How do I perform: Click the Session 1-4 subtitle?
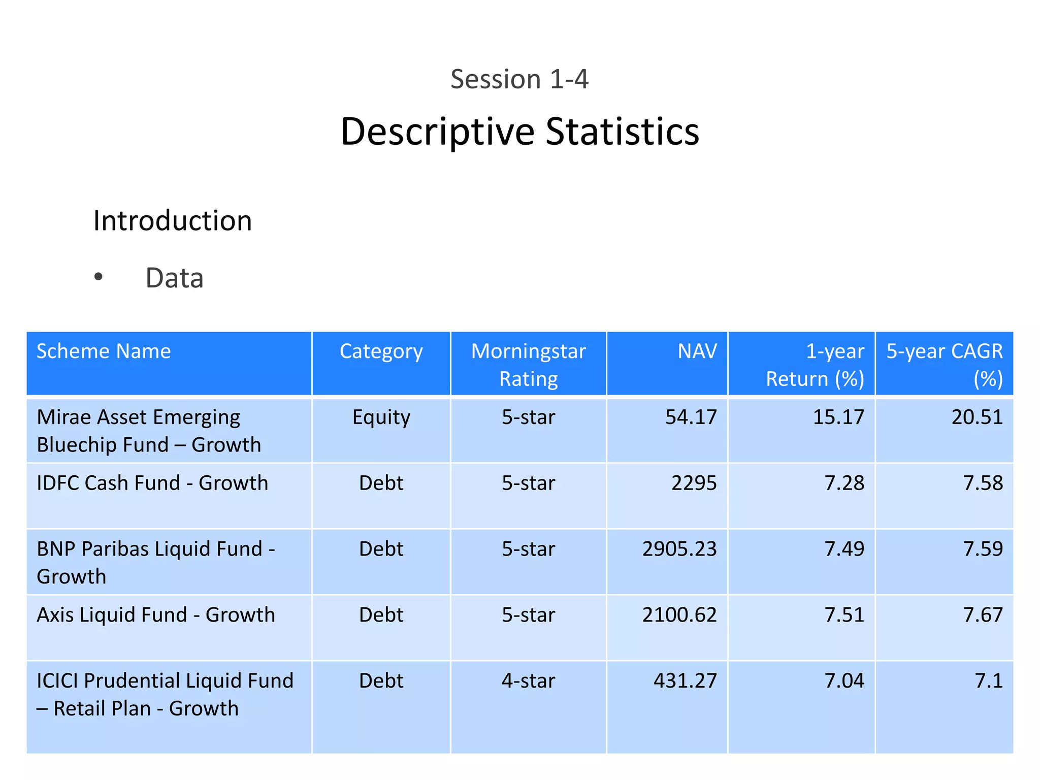coord(519,79)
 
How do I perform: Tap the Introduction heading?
coord(173,221)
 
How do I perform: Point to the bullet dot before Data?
coord(99,277)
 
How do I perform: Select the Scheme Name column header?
coord(104,351)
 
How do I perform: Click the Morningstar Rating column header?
coord(528,365)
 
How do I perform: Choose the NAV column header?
coord(697,351)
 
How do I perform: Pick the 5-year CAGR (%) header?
coord(945,365)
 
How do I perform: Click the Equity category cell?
coord(381,417)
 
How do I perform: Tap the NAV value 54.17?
coord(691,417)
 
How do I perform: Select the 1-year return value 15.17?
coord(838,417)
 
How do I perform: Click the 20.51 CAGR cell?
coord(977,417)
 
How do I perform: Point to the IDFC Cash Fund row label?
coord(152,483)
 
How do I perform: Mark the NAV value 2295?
coord(694,483)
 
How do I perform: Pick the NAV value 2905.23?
coord(679,549)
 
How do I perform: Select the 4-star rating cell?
coord(528,681)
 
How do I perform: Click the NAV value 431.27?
coord(685,681)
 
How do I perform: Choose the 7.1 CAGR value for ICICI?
coord(988,681)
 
